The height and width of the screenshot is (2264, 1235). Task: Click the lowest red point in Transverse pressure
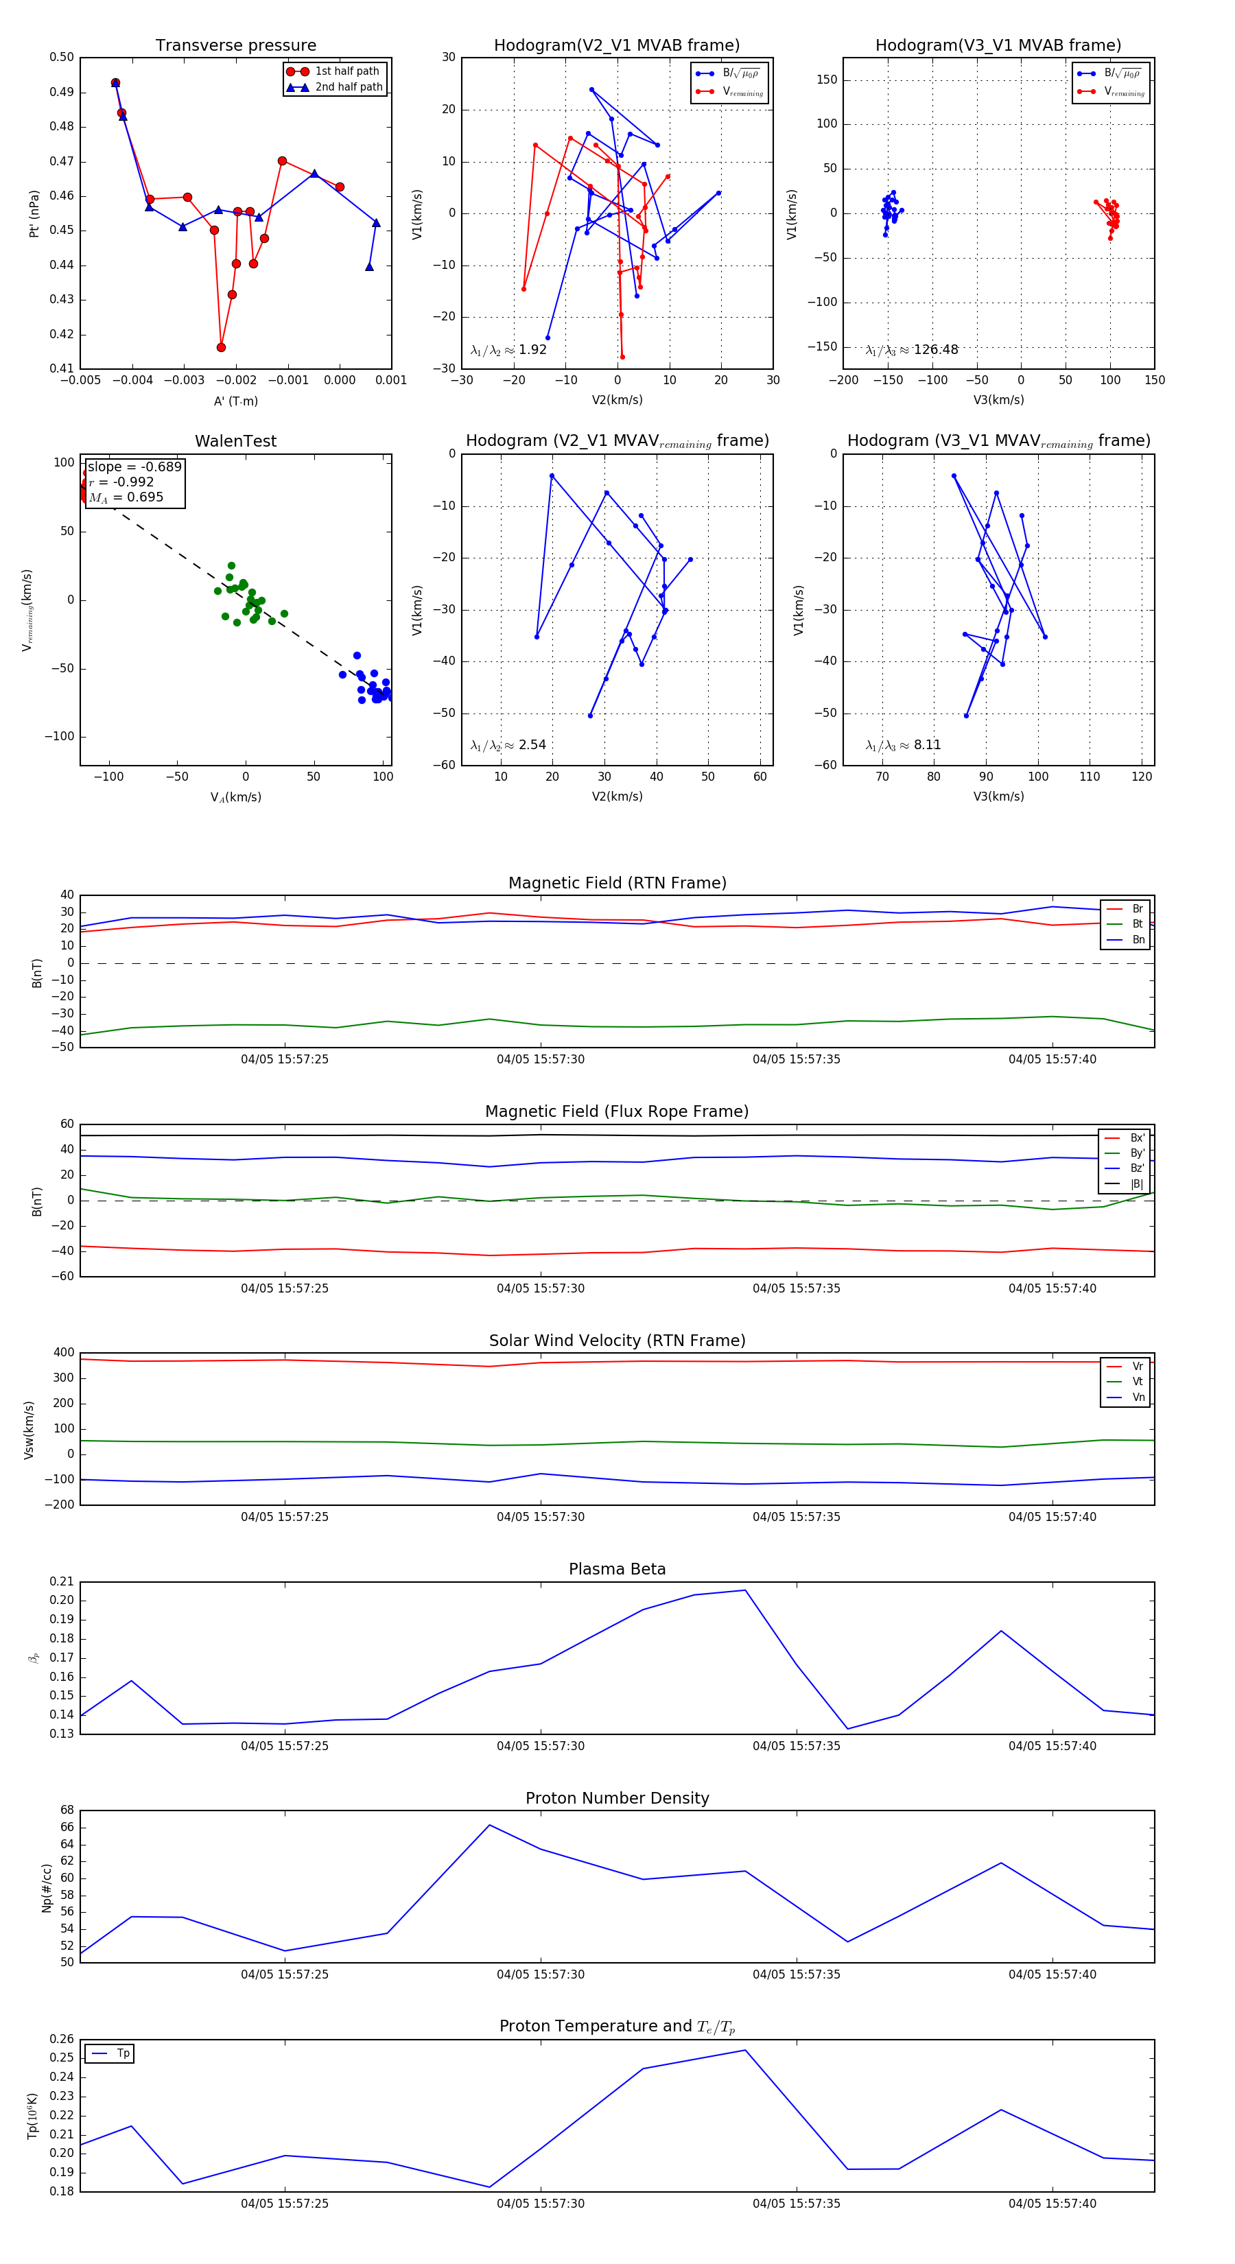click(x=221, y=347)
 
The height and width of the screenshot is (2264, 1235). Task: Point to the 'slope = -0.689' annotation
click(x=134, y=467)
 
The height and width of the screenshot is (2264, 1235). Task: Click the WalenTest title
click(x=235, y=441)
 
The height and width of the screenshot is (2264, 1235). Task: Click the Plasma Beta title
click(x=617, y=1569)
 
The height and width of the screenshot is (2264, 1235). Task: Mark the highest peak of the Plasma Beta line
click(x=745, y=1590)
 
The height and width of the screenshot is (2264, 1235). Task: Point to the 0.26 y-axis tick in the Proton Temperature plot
click(x=62, y=2039)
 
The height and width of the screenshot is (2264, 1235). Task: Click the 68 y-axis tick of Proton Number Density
click(x=67, y=1811)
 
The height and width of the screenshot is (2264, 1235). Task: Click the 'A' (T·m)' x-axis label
click(x=235, y=401)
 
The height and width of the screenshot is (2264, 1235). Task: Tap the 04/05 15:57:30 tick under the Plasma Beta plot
click(x=540, y=1745)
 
